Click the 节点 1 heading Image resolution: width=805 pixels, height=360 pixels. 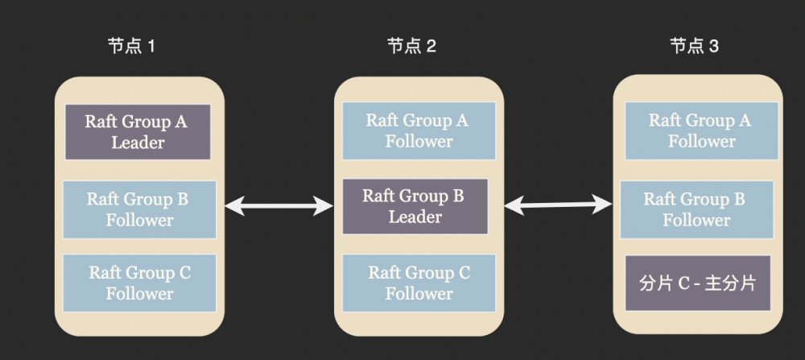coord(131,46)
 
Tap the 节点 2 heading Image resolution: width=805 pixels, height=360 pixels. coord(411,46)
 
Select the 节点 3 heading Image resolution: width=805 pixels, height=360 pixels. coord(694,46)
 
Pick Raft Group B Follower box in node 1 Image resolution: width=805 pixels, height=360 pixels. coord(139,209)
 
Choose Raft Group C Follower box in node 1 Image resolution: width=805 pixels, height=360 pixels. coord(139,283)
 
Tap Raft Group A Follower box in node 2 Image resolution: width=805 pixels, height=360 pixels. coord(418,130)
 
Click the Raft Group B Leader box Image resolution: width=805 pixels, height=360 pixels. coord(415,206)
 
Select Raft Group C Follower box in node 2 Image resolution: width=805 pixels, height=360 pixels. coord(419,283)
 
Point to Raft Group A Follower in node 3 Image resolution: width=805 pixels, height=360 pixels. coord(700,130)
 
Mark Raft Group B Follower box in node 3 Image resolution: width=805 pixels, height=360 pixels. coord(696,209)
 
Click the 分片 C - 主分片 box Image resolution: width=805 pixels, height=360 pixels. coord(698,283)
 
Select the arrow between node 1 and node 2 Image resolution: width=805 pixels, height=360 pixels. coord(279,207)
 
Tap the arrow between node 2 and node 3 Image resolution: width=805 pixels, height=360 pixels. coord(558,206)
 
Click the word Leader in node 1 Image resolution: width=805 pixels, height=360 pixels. coord(138,143)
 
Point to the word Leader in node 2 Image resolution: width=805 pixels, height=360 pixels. coord(415,217)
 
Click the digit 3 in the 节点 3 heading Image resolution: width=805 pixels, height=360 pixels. coord(714,46)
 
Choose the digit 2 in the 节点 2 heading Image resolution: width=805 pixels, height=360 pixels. coord(431,46)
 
